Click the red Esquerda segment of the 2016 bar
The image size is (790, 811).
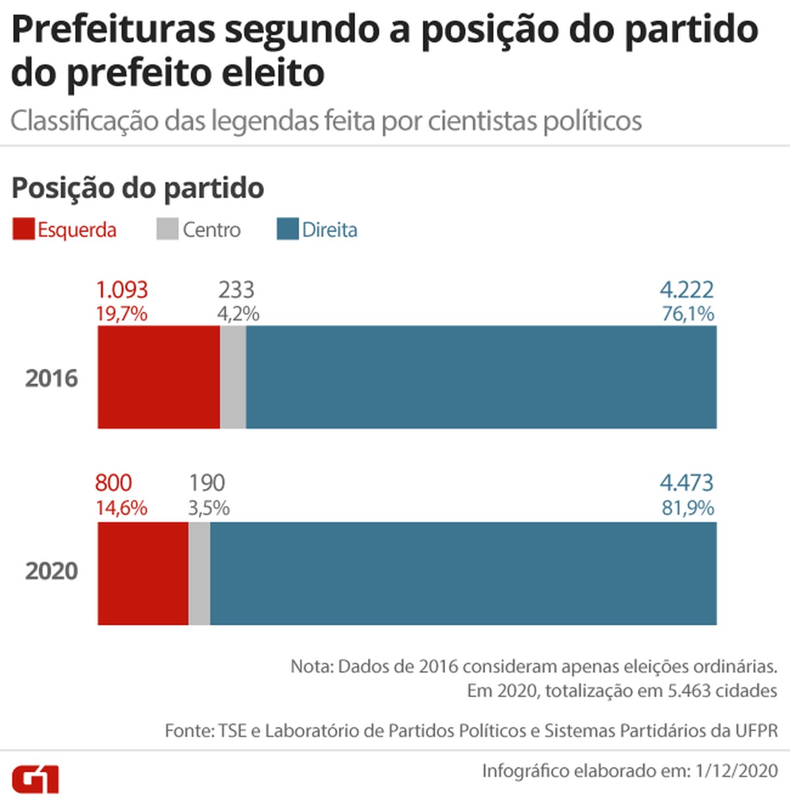coord(159,377)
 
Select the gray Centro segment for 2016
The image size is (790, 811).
coord(233,377)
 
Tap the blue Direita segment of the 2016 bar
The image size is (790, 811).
coord(481,377)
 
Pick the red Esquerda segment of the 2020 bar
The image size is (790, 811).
coord(143,573)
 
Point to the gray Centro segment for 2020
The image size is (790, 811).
coord(199,573)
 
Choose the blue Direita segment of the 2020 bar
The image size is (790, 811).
coord(463,573)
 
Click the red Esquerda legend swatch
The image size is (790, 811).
coord(23,230)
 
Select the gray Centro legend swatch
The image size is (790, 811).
coord(167,230)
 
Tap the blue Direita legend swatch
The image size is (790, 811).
coord(288,230)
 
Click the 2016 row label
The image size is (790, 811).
coord(51,378)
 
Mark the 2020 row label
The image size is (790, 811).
coord(51,571)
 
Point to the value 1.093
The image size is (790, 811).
coord(122,290)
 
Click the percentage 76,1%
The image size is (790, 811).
coord(688,314)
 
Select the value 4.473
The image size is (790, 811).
coord(687,483)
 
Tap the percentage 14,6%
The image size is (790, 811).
coord(121,508)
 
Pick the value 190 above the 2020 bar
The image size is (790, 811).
coord(207,483)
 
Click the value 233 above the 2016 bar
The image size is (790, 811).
coord(236,290)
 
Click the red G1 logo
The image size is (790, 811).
coord(36,779)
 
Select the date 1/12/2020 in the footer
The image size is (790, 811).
coord(737,770)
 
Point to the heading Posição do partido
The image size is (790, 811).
coord(138,188)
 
